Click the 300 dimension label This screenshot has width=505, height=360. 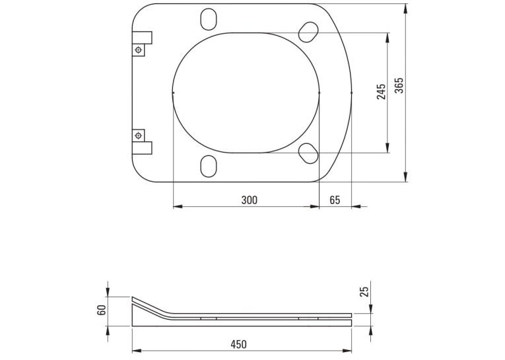[x=250, y=200]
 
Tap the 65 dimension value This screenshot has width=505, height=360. [x=335, y=200]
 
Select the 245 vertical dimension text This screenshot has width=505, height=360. [x=381, y=92]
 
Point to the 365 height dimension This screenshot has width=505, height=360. [x=399, y=85]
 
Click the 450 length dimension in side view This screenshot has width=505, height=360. [x=239, y=344]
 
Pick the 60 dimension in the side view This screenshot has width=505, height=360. [x=102, y=310]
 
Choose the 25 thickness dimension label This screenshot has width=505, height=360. [x=364, y=292]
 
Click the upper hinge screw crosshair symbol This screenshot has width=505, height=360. [x=139, y=50]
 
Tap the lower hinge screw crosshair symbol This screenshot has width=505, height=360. [x=139, y=135]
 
